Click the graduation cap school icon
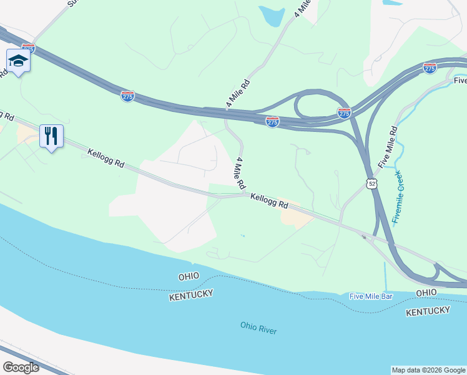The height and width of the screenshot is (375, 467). click(18, 61)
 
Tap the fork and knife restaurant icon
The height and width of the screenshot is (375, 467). click(51, 136)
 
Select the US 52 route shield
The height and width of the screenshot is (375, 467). click(372, 183)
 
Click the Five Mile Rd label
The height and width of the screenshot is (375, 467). click(387, 146)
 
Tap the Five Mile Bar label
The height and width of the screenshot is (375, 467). click(371, 296)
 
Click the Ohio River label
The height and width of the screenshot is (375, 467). click(258, 328)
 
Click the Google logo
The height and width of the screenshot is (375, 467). click(21, 367)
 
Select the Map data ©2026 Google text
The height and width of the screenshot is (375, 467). click(428, 370)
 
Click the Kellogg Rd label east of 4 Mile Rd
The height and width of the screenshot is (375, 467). click(270, 201)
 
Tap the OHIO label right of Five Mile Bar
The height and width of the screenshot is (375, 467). click(426, 292)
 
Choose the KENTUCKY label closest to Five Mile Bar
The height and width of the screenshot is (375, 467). click(428, 311)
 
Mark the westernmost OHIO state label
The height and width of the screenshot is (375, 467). click(188, 276)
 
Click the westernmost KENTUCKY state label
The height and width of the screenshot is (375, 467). click(191, 294)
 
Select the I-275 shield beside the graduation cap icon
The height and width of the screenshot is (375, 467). click(28, 47)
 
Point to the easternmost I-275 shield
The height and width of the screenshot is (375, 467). click(430, 67)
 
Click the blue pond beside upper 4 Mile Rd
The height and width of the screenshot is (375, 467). click(272, 16)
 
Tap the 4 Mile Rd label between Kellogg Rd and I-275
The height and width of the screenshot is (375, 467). click(240, 174)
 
